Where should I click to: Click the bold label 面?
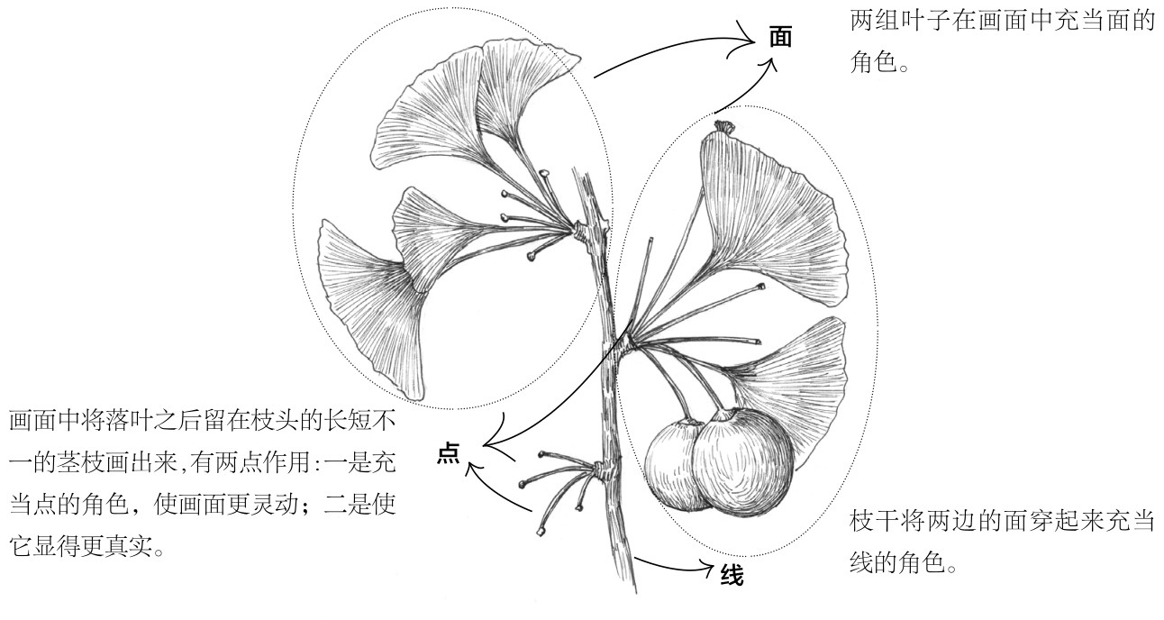coord(780,38)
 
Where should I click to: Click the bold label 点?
coord(448,454)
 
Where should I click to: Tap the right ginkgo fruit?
coord(742,458)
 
